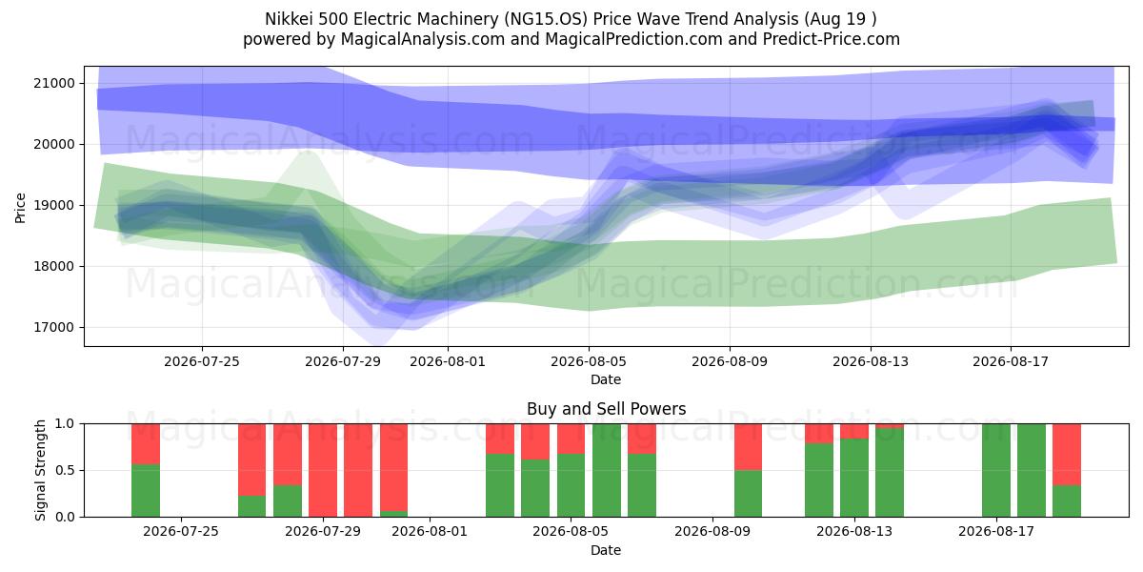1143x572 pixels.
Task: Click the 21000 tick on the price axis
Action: tap(53, 83)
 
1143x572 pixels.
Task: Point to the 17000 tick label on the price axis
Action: tap(53, 327)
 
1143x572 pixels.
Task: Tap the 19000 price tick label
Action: tap(53, 205)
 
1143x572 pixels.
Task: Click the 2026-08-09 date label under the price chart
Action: tap(730, 361)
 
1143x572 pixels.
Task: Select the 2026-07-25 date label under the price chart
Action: tap(202, 361)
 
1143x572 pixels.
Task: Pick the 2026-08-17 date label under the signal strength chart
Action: tap(996, 531)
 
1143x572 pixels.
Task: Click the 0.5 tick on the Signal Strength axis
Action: tap(66, 470)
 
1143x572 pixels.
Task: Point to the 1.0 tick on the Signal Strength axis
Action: tap(66, 424)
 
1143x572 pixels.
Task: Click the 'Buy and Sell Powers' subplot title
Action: tap(606, 409)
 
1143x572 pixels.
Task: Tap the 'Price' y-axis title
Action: tap(20, 208)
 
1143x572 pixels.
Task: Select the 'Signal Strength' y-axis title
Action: tap(40, 470)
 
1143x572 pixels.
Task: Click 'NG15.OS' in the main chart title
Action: tap(546, 19)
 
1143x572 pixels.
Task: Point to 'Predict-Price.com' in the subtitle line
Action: tap(832, 39)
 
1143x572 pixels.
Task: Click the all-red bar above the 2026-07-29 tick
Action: tap(323, 470)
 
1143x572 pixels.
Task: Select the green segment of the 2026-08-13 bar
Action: tap(854, 478)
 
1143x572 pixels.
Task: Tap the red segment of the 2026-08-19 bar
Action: tap(1067, 455)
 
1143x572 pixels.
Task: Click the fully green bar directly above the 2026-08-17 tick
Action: tap(996, 470)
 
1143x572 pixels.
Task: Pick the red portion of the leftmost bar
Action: tap(146, 444)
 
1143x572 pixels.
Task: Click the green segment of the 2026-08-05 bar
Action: tap(571, 485)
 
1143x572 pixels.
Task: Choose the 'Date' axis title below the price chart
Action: tap(606, 379)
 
